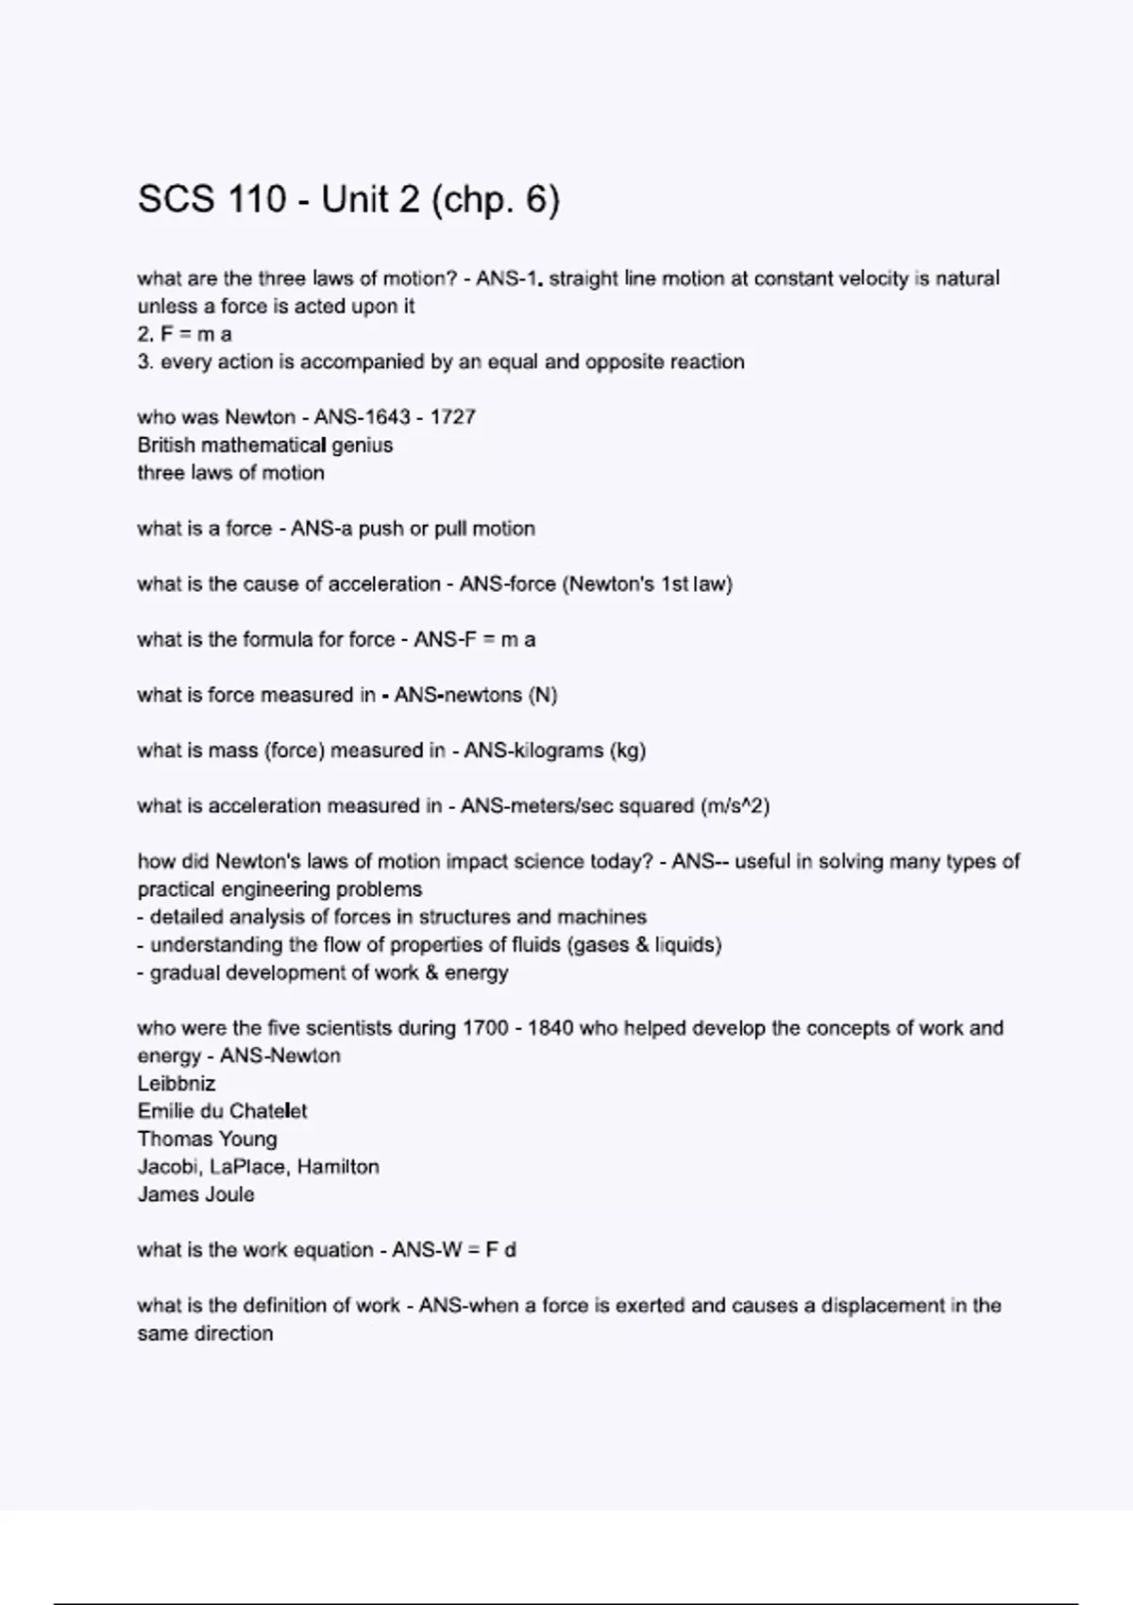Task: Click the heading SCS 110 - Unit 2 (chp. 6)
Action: [348, 199]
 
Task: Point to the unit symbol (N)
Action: [543, 695]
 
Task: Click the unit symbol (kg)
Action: [629, 751]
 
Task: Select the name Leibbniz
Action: [177, 1084]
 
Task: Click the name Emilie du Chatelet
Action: [222, 1111]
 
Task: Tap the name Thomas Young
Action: [208, 1140]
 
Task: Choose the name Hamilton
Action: [338, 1167]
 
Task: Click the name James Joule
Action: [195, 1194]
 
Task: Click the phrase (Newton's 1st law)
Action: [647, 584]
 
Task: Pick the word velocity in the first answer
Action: [868, 279]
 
